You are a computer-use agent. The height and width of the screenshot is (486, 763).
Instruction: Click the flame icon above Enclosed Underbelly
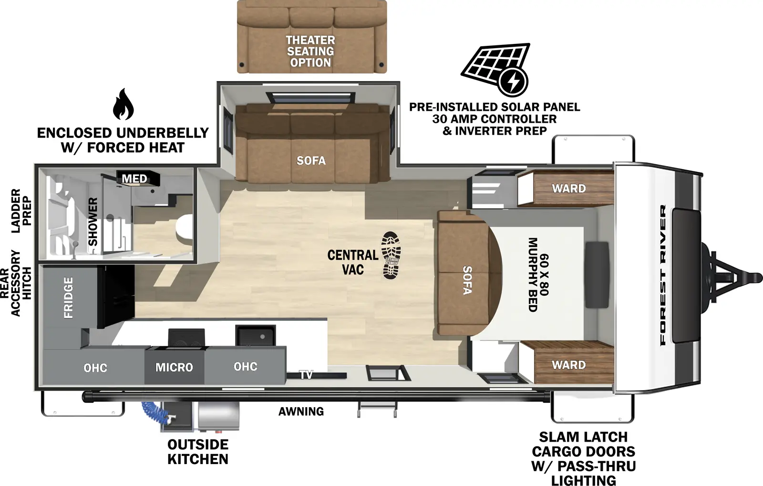123,104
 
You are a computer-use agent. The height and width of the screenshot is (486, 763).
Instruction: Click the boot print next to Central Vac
391,255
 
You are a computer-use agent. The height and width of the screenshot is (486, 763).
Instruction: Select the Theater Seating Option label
310,52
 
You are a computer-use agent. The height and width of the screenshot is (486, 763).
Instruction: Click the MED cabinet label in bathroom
134,179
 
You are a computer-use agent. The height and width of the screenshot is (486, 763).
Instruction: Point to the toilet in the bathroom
184,228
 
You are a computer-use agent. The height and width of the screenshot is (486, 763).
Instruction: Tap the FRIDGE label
69,297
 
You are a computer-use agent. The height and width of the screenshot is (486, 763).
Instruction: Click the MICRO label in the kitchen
174,367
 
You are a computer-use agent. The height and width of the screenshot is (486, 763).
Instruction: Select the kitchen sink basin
255,336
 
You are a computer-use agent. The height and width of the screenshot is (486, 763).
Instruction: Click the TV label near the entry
306,375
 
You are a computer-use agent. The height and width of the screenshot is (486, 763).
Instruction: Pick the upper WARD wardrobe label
568,189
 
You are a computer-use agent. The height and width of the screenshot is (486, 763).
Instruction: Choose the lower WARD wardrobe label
568,365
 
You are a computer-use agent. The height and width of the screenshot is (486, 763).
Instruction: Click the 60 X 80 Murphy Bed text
538,275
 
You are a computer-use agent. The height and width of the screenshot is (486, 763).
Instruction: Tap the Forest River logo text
663,275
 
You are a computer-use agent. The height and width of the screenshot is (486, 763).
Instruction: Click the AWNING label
301,412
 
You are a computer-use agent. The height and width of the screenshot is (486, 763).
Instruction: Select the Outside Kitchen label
198,452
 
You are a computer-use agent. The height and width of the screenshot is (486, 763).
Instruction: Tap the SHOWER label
93,222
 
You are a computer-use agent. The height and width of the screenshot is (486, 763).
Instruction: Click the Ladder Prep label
21,211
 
